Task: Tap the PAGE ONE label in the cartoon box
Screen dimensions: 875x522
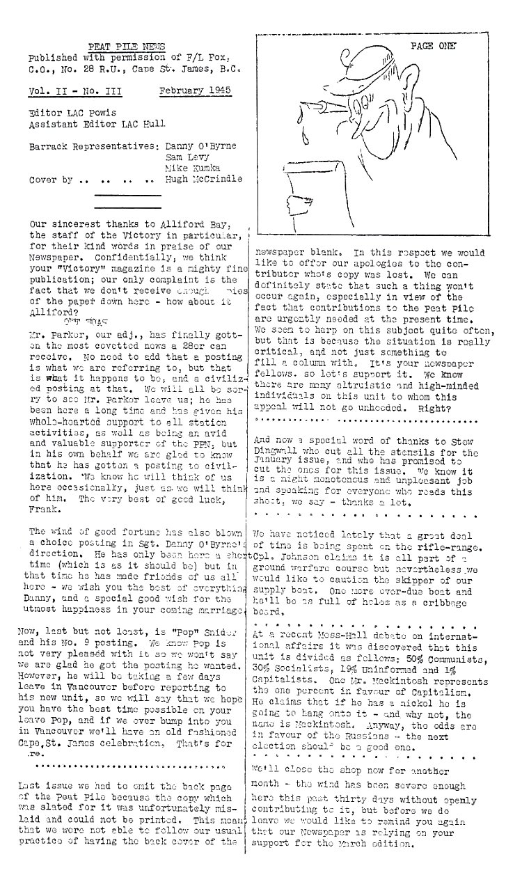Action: [x=433, y=47]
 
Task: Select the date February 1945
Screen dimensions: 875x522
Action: [x=195, y=91]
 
